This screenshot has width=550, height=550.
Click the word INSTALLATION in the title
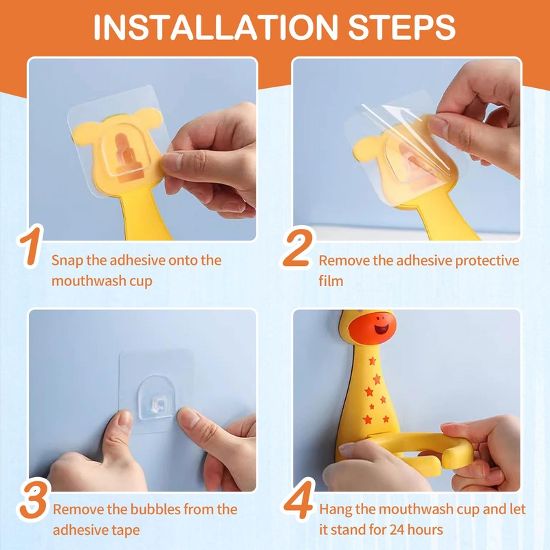pyautogui.click(x=215, y=27)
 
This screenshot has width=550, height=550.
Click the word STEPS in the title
pyautogui.click(x=401, y=27)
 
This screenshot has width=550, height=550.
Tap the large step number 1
pyautogui.click(x=31, y=246)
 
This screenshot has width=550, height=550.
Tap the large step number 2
pyautogui.click(x=298, y=247)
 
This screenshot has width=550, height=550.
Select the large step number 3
pyautogui.click(x=33, y=500)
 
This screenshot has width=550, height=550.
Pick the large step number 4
pyautogui.click(x=299, y=500)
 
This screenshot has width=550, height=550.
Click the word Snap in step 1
pyautogui.click(x=67, y=261)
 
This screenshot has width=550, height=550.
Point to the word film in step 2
pyautogui.click(x=331, y=280)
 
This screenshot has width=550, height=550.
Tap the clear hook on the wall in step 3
pyautogui.click(x=156, y=398)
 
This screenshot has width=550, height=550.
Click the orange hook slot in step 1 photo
pyautogui.click(x=126, y=158)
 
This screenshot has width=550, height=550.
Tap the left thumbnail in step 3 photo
pyautogui.click(x=125, y=419)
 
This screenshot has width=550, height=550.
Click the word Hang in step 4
pyautogui.click(x=335, y=510)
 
